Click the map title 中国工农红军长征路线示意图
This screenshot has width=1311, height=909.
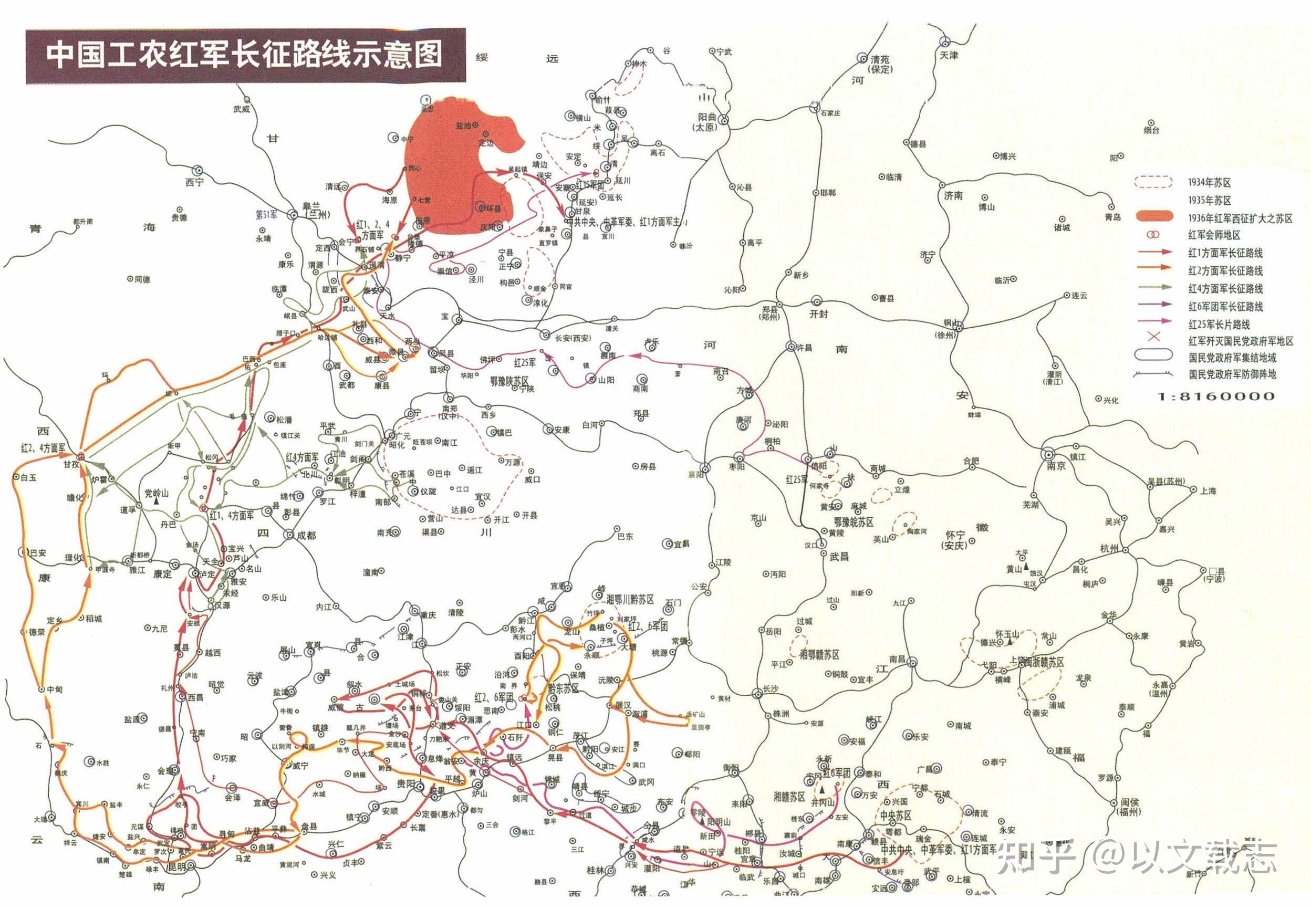click(x=245, y=55)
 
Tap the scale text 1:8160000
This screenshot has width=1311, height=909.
click(x=1216, y=396)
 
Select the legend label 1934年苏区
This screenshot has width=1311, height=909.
click(x=1209, y=182)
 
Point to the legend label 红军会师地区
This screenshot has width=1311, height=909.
click(x=1214, y=235)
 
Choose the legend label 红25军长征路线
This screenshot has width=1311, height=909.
click(x=1219, y=324)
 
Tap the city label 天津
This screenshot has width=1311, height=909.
click(x=949, y=55)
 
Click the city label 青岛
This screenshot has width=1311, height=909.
click(x=1112, y=217)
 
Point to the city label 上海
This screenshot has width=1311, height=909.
click(x=1208, y=490)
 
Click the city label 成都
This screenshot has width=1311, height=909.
click(x=306, y=536)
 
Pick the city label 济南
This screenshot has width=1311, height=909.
click(x=953, y=195)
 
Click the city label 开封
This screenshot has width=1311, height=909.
click(x=818, y=314)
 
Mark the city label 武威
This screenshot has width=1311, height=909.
click(x=242, y=109)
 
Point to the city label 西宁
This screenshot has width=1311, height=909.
click(x=194, y=182)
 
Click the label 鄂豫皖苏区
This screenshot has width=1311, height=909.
click(x=853, y=521)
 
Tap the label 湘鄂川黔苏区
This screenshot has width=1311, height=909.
click(x=629, y=599)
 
